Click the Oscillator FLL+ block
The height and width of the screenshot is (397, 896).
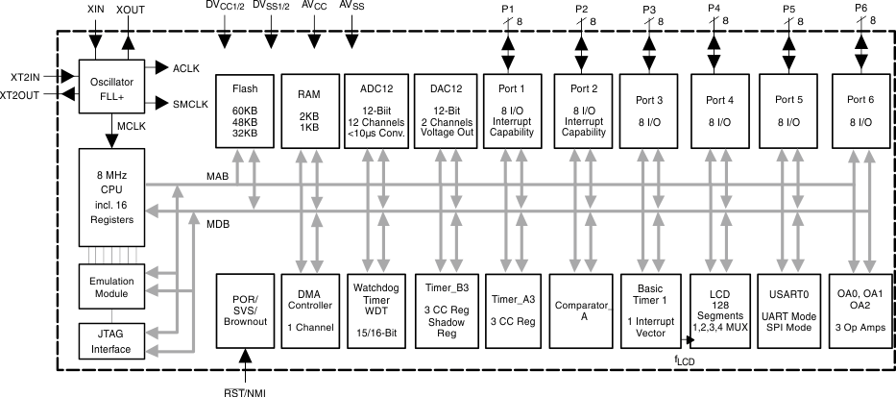click(111, 89)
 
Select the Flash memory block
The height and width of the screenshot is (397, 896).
click(245, 111)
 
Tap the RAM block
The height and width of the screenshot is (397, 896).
click(309, 111)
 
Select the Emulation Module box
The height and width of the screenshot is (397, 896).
click(111, 286)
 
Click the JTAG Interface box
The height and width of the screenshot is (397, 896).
click(111, 340)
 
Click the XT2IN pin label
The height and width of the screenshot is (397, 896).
click(20, 75)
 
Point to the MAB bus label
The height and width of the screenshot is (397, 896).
click(218, 176)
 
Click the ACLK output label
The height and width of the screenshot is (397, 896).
click(186, 68)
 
